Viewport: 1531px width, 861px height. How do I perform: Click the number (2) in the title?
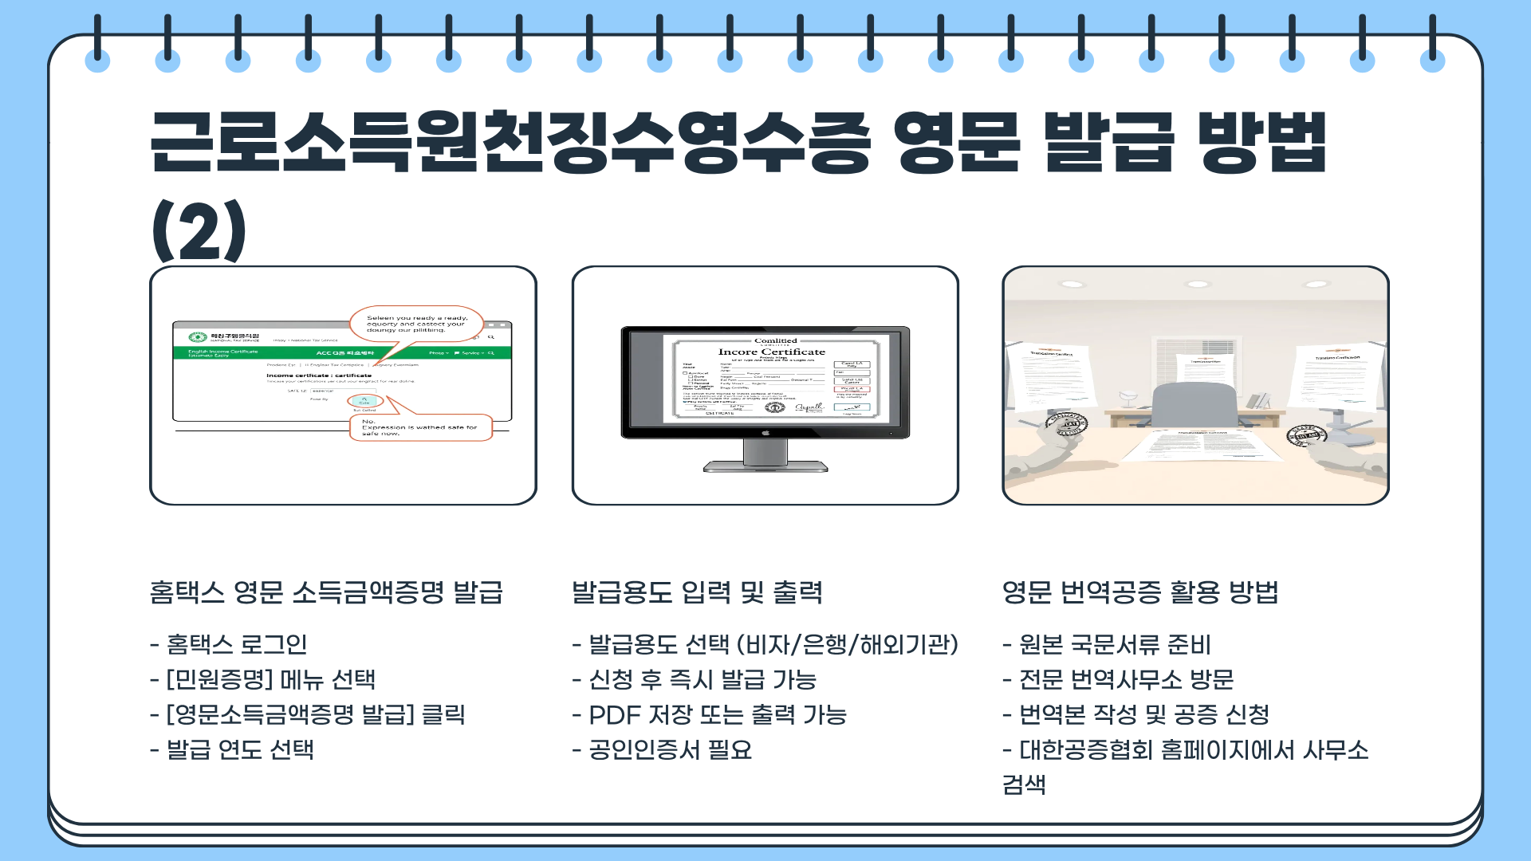(x=199, y=231)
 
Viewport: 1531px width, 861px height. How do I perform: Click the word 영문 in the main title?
(x=956, y=143)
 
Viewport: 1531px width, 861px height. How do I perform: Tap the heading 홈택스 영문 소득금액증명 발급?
(x=326, y=592)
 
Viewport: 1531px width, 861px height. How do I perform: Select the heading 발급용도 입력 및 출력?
(x=697, y=592)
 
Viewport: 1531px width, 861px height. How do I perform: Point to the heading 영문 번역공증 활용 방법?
(x=1140, y=592)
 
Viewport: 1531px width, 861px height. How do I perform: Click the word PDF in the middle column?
(x=614, y=715)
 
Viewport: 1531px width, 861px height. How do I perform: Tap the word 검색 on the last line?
(x=1024, y=784)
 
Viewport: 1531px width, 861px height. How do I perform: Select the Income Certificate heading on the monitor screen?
(x=771, y=352)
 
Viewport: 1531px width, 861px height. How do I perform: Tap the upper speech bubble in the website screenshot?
(x=416, y=324)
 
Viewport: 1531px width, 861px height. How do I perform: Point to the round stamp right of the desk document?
(x=1307, y=435)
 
